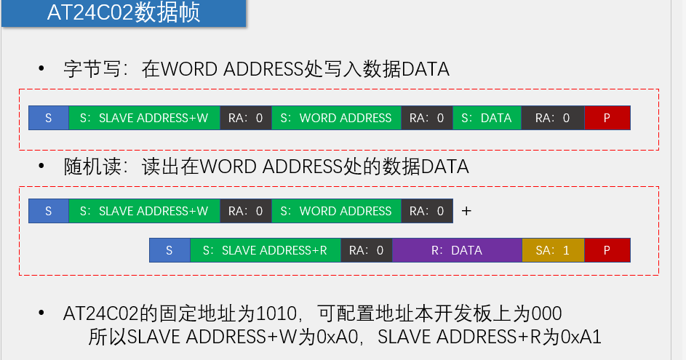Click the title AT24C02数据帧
coord(123,13)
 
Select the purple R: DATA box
coord(456,250)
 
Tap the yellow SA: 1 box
coord(552,250)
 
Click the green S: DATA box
coord(487,118)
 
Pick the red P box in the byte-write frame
coord(607,118)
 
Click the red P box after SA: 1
coord(607,250)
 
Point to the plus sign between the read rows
coord(466,211)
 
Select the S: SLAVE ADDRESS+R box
coord(265,250)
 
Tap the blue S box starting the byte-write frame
coord(49,118)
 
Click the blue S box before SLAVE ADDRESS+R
coord(169,250)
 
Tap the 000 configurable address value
coord(546,314)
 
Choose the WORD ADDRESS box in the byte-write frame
coord(336,118)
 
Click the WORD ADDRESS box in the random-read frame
coord(336,211)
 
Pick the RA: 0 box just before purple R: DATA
coord(366,250)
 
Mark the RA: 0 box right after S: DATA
coord(552,118)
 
